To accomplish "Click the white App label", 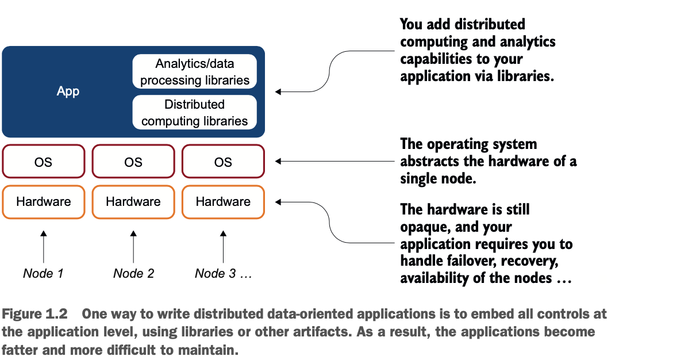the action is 68,91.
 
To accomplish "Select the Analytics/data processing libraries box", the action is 195,71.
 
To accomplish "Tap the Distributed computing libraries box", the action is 195,112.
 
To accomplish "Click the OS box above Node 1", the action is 44,161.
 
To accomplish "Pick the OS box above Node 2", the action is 133,161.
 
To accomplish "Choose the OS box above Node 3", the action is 224,161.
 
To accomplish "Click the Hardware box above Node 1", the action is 44,202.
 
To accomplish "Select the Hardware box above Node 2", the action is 133,202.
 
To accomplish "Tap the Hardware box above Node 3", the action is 224,202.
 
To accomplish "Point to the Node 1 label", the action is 43,274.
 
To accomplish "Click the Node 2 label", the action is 133,274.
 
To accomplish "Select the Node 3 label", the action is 224,274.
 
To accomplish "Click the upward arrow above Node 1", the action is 44,247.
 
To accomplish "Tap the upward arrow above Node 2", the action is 133,247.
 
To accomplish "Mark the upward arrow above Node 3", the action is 224,247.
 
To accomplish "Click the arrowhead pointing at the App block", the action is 278,92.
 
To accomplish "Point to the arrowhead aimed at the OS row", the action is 278,161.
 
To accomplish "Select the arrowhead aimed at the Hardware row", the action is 278,202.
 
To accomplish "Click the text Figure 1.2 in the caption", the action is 34,314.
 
